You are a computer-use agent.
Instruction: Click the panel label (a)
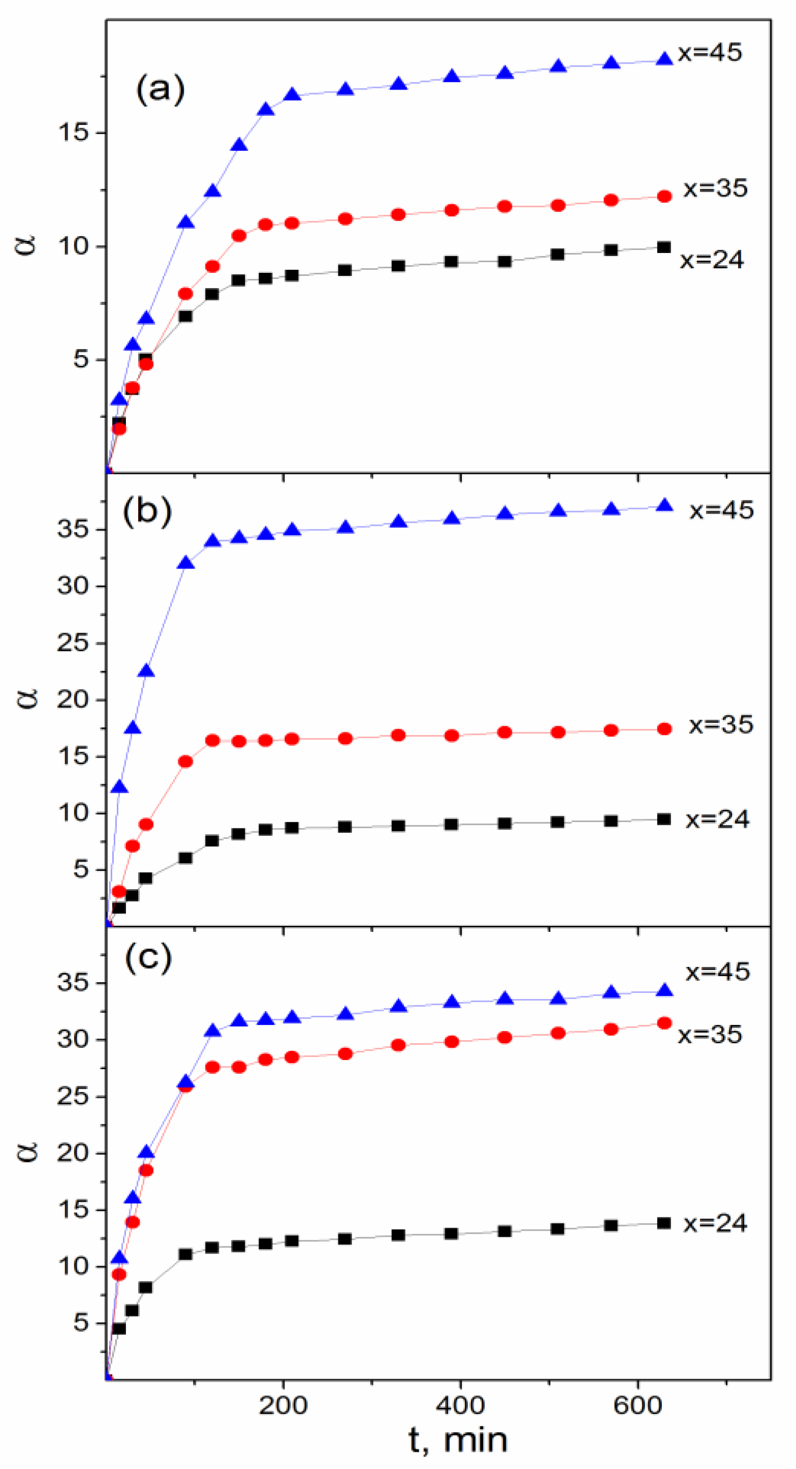point(160,90)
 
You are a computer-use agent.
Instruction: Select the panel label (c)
point(148,958)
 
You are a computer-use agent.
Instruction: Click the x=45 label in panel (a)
point(710,52)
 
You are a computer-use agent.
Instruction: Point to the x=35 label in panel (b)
point(721,724)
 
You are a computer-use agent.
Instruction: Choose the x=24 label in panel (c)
point(715,1223)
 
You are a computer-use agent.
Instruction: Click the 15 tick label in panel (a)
point(74,133)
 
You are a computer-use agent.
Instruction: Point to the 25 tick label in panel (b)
point(74,643)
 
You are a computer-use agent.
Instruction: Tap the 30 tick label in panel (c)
point(74,1040)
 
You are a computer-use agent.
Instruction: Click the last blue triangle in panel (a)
point(664,59)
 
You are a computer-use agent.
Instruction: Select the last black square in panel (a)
point(664,247)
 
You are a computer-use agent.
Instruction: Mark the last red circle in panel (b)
point(664,729)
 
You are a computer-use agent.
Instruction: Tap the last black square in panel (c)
point(664,1223)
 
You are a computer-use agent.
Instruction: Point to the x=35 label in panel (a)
point(716,188)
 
